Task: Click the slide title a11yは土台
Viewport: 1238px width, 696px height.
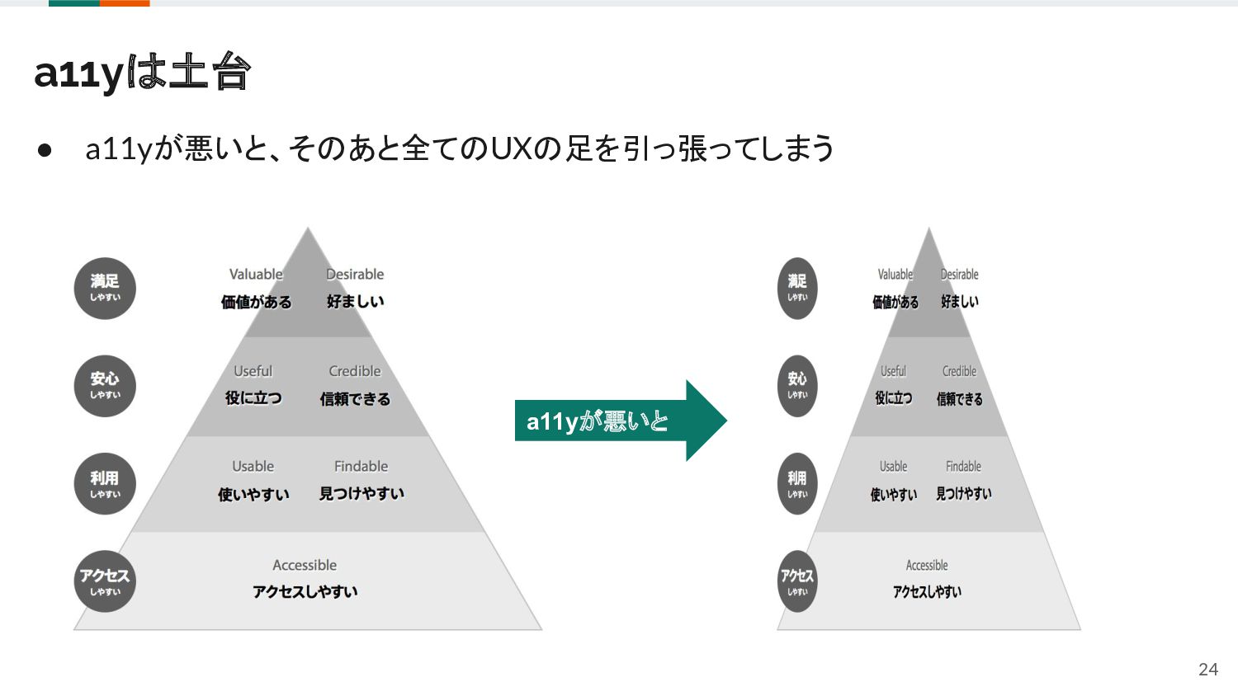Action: (x=142, y=73)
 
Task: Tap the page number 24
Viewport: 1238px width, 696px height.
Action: (x=1207, y=670)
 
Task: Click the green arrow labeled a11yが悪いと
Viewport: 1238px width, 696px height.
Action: (x=619, y=421)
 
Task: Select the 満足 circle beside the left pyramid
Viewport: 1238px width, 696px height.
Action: (x=105, y=289)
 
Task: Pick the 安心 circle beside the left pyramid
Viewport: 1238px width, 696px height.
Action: (x=105, y=386)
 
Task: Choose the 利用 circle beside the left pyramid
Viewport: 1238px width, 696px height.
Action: (x=105, y=484)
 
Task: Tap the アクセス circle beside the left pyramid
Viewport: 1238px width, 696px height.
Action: (x=105, y=581)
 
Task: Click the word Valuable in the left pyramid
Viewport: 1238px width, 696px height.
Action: (x=256, y=275)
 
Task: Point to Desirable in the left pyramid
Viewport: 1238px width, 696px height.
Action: (x=355, y=275)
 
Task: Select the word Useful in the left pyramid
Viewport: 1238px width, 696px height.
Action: (x=253, y=371)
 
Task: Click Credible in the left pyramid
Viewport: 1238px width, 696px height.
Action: (x=355, y=371)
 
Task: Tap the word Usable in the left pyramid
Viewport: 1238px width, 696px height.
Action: (x=253, y=467)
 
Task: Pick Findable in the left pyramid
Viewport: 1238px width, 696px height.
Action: (x=361, y=467)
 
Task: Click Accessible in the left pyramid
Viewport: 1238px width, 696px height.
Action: (x=305, y=566)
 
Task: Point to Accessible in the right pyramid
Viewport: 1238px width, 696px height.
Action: (x=927, y=566)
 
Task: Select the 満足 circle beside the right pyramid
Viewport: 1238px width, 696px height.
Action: (x=797, y=289)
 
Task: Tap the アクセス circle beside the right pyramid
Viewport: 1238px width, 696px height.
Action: (x=797, y=581)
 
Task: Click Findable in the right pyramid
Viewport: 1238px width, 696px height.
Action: (x=963, y=467)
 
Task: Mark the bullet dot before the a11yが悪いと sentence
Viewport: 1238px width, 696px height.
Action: (x=45, y=150)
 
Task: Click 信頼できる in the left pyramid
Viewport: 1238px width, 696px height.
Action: (x=355, y=399)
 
